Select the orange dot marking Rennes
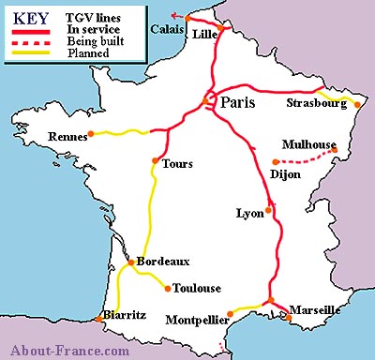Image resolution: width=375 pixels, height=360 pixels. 89,133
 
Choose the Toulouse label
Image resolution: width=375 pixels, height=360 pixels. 195,288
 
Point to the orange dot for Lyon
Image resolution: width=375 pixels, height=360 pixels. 268,210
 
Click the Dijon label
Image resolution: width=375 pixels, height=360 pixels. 284,173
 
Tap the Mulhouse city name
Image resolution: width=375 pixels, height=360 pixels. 307,145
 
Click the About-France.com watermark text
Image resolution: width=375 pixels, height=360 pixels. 66,351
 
